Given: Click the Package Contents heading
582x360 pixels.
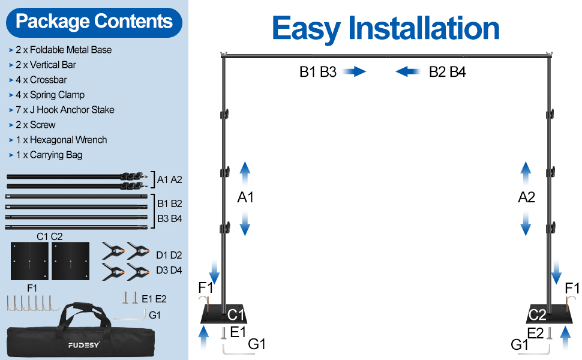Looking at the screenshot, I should [94, 22].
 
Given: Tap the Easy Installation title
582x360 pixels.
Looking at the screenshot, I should [385, 28].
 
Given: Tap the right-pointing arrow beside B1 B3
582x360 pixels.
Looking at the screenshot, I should [355, 72].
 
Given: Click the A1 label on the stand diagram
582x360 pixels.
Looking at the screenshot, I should [245, 197].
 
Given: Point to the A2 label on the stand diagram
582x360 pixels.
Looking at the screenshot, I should [526, 197].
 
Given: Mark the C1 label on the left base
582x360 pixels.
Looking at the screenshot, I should [236, 314].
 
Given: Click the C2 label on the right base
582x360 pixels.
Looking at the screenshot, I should [537, 314].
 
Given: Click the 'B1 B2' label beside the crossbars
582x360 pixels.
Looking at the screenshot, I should [170, 204].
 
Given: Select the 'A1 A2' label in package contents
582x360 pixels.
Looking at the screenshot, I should [169, 179].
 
